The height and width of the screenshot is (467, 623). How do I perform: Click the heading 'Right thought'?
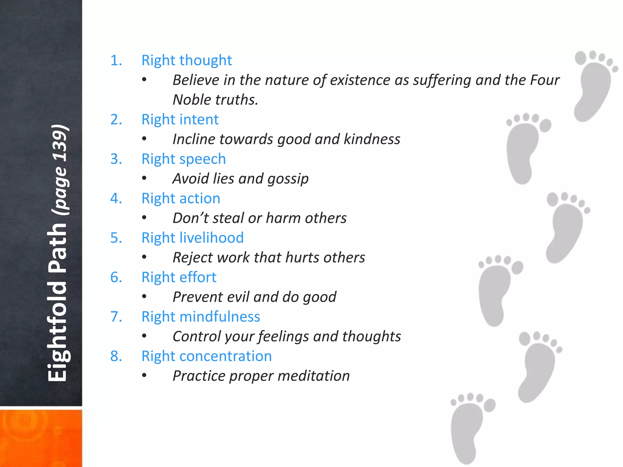186,60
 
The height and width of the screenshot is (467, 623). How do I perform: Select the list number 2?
116,119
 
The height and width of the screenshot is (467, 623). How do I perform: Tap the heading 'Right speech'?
183,159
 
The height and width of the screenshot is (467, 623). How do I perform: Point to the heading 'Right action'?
181,199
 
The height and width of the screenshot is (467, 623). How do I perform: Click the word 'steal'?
228,218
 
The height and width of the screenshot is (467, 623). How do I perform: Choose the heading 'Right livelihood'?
193,238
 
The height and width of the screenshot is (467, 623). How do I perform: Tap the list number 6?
116,277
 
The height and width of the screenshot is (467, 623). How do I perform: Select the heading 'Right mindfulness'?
201,317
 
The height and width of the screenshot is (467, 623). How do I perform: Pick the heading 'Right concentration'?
207,356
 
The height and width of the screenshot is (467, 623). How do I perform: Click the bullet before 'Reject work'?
144,258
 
